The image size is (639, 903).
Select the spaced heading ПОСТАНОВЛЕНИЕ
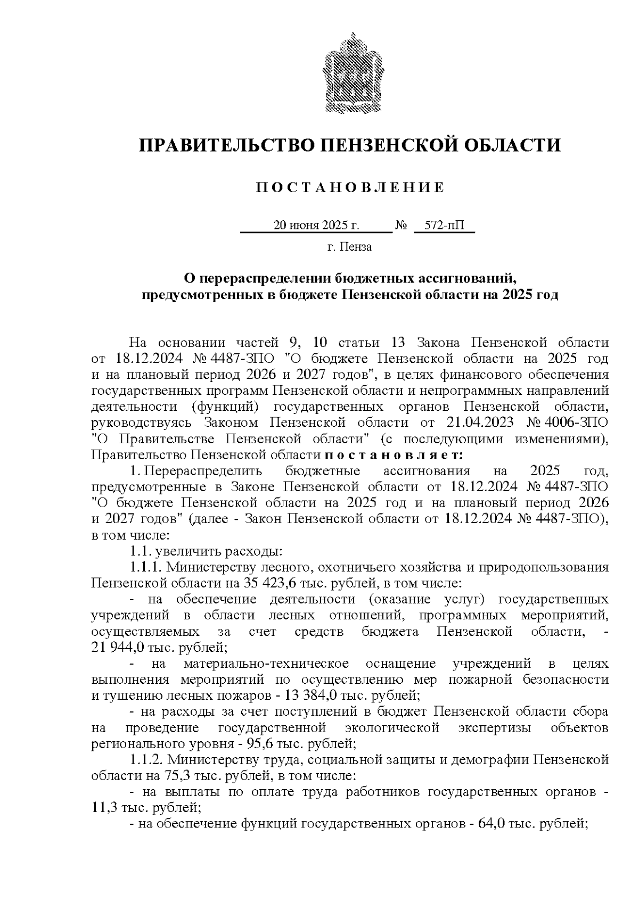coord(349,187)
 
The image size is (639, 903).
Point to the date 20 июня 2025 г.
coord(316,226)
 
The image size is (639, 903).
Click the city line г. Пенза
coord(349,247)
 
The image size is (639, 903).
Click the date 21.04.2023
coord(478,422)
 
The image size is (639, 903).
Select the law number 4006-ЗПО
coord(577,422)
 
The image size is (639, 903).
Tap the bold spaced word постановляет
coord(394,455)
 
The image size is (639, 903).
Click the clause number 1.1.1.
coord(145,567)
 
